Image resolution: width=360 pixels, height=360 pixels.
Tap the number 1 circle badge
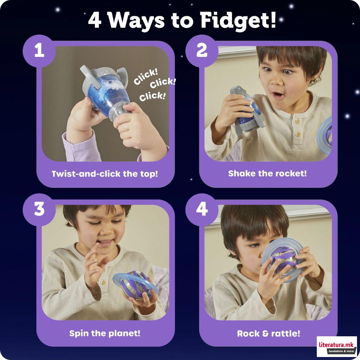coord(39,50)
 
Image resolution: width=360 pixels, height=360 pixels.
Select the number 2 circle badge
coord(202,50)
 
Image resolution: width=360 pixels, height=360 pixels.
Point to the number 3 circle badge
coord(39,209)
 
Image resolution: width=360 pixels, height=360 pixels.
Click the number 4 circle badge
coord(202,209)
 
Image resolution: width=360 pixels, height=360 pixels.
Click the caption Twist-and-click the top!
coord(105,174)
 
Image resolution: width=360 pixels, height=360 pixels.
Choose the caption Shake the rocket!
coord(267,173)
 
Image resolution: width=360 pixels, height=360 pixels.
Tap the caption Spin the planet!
coord(105,333)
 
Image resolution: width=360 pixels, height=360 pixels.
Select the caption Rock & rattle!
coord(268,333)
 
